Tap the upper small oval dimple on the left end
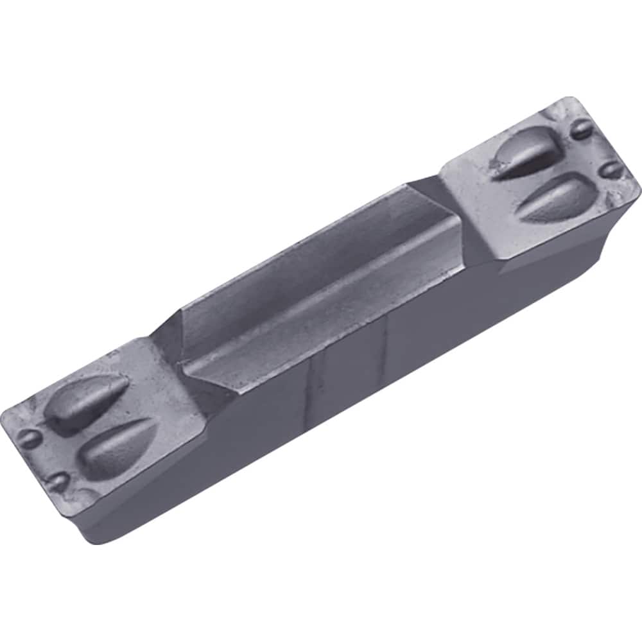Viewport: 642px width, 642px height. click(29, 438)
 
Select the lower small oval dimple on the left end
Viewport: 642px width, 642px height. click(59, 481)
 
